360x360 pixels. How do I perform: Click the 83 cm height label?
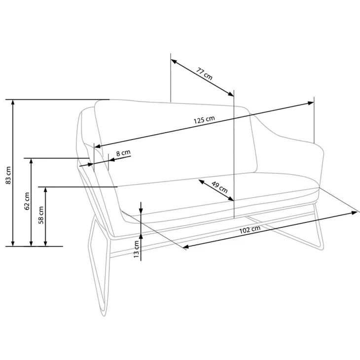pyautogui.click(x=8, y=175)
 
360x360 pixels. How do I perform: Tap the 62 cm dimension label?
pyautogui.click(x=27, y=201)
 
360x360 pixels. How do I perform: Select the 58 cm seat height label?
pyautogui.click(x=41, y=215)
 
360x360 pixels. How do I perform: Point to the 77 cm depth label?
pyautogui.click(x=204, y=73)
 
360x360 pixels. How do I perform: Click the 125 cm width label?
pyautogui.click(x=204, y=120)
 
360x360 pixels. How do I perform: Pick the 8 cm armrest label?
pyautogui.click(x=123, y=153)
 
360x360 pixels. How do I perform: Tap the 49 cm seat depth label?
pyautogui.click(x=219, y=187)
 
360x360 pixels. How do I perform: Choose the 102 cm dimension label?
pyautogui.click(x=250, y=229)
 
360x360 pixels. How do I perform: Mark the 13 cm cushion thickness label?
pyautogui.click(x=137, y=249)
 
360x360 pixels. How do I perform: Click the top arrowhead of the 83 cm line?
pyautogui.click(x=13, y=103)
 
